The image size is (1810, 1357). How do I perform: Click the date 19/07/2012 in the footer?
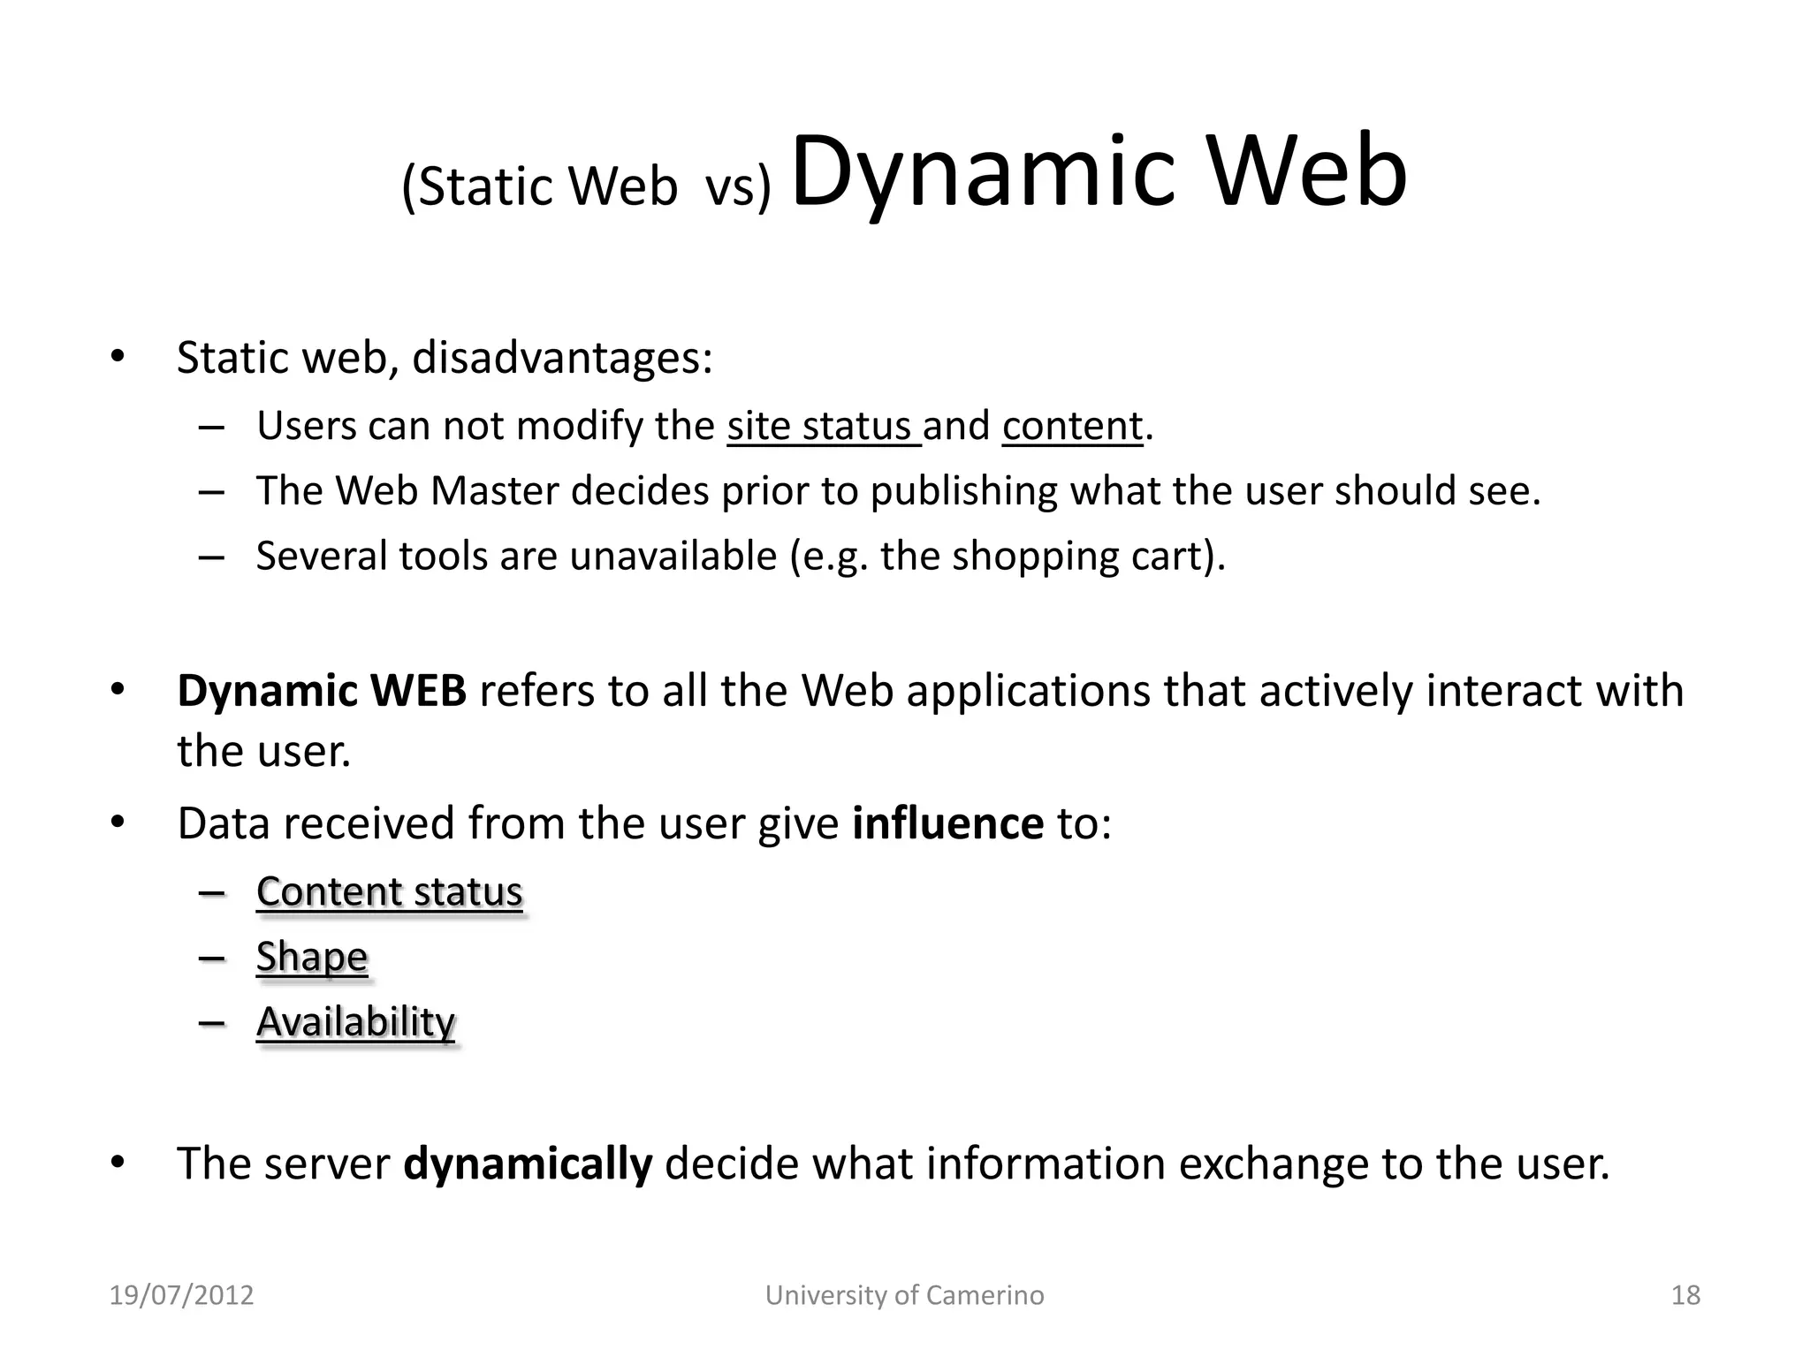(x=181, y=1295)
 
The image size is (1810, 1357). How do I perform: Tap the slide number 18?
(x=1685, y=1295)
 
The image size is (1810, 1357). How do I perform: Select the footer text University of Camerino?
(x=904, y=1295)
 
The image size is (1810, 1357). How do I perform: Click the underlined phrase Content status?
(x=390, y=891)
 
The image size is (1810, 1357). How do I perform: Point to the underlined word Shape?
(x=312, y=957)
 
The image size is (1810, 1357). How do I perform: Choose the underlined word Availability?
(x=355, y=1022)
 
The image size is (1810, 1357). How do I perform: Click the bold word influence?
(x=947, y=823)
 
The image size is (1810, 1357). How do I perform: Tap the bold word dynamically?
(x=528, y=1164)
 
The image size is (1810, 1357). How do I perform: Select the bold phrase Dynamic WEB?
(x=322, y=691)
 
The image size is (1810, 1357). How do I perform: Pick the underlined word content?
(x=1072, y=427)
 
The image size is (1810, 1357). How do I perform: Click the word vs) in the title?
(x=738, y=187)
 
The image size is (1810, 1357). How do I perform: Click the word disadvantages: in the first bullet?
(x=562, y=358)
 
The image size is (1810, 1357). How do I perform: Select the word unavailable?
(x=673, y=557)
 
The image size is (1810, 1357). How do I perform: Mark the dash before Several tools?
(x=211, y=557)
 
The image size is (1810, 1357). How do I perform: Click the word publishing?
(x=963, y=491)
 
